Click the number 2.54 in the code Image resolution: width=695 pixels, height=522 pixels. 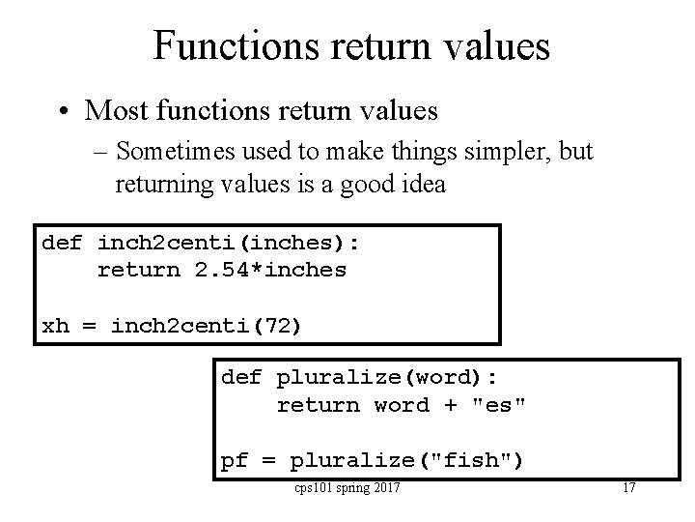tap(222, 270)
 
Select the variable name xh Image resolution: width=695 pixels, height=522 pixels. tap(56, 326)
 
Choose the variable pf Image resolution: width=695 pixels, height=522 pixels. tap(236, 461)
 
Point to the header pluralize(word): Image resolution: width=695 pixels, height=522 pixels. tap(387, 377)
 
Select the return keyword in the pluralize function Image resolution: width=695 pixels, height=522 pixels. tap(319, 405)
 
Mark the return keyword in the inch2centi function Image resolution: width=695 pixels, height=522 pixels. tap(139, 270)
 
